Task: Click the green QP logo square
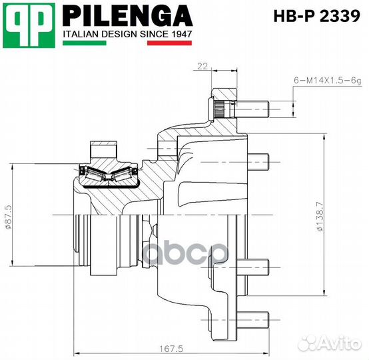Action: (x=27, y=24)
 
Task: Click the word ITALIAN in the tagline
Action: (x=80, y=33)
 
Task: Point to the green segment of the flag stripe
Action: (x=84, y=43)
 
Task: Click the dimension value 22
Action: (x=202, y=65)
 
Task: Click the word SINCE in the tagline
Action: (x=153, y=33)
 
